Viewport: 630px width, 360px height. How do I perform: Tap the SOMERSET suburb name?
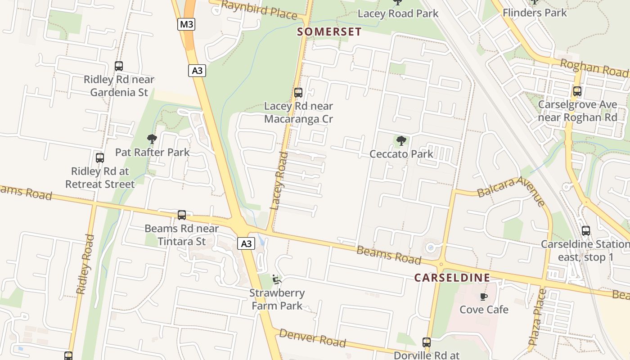(329, 31)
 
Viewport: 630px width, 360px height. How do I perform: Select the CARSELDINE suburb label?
(452, 278)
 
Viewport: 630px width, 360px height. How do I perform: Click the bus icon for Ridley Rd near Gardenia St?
(119, 66)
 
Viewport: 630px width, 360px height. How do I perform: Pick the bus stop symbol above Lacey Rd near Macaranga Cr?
(298, 93)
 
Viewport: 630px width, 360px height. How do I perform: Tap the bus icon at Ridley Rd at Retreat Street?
(100, 158)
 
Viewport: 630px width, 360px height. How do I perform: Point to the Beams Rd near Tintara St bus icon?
(182, 215)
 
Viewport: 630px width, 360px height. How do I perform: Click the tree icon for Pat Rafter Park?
(152, 139)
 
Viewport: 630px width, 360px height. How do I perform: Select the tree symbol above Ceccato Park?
(401, 141)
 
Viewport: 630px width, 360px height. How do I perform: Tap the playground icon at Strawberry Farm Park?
(277, 280)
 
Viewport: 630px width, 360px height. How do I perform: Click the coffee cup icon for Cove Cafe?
(484, 297)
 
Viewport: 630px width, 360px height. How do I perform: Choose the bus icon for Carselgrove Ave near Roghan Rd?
(577, 91)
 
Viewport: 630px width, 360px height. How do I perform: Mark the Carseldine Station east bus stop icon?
(585, 231)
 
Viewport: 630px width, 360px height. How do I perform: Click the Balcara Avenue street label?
(511, 190)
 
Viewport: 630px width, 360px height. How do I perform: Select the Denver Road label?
(313, 338)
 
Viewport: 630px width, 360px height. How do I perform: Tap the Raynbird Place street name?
(260, 10)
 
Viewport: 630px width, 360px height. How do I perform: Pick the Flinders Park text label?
(535, 13)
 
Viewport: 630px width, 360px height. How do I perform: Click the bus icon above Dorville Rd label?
(427, 342)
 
